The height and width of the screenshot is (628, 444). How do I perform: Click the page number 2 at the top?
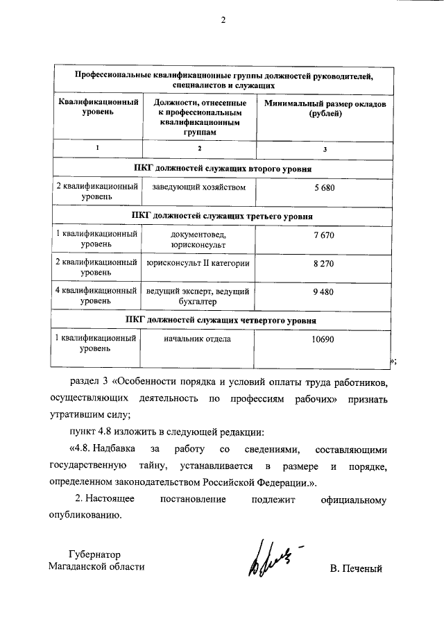[x=223, y=19]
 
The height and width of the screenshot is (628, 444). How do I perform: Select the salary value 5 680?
[x=324, y=187]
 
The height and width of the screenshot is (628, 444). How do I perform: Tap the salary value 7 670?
[x=324, y=235]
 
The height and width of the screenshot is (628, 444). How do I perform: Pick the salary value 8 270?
[x=324, y=264]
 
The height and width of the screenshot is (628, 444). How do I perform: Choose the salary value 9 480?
[x=324, y=292]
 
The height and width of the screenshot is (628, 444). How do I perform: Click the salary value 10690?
[x=323, y=339]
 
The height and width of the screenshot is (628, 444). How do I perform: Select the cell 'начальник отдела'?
[x=197, y=339]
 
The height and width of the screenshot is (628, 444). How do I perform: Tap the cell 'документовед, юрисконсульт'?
[x=198, y=240]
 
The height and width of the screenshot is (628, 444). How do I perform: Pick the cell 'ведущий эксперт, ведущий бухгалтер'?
[x=198, y=297]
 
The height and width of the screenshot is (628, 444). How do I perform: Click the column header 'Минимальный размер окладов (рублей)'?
[x=325, y=108]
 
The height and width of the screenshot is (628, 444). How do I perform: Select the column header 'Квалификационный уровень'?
[x=96, y=108]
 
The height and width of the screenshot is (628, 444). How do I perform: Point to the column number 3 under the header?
[x=325, y=149]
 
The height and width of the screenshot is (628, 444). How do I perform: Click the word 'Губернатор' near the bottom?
[x=95, y=554]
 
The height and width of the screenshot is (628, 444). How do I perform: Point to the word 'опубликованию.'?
[x=86, y=515]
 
